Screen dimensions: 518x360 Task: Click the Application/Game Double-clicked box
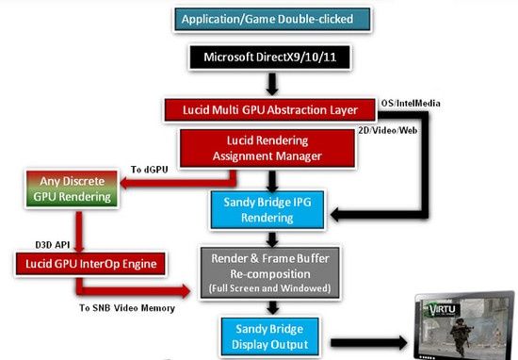[272, 20]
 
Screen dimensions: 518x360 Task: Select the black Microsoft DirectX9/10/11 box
[269, 57]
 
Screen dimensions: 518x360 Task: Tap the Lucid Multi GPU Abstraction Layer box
[270, 110]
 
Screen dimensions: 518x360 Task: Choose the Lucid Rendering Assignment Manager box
[267, 148]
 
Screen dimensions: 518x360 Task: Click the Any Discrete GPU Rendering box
[72, 189]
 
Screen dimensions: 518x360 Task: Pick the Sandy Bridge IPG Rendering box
[267, 210]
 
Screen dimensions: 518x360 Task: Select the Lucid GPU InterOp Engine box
[90, 264]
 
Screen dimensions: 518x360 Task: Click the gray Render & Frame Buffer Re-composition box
[270, 273]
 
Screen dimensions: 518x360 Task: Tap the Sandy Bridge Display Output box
[270, 336]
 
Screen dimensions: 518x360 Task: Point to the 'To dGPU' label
[150, 170]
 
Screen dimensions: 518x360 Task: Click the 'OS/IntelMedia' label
[411, 104]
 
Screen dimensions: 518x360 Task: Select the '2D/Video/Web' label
[388, 131]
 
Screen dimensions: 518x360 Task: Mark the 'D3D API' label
[53, 245]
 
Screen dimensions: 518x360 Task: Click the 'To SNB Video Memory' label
[127, 308]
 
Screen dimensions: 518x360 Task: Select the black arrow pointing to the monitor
[369, 343]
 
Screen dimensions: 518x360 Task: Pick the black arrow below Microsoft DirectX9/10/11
[272, 84]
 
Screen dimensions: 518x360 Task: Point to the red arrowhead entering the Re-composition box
[185, 291]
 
